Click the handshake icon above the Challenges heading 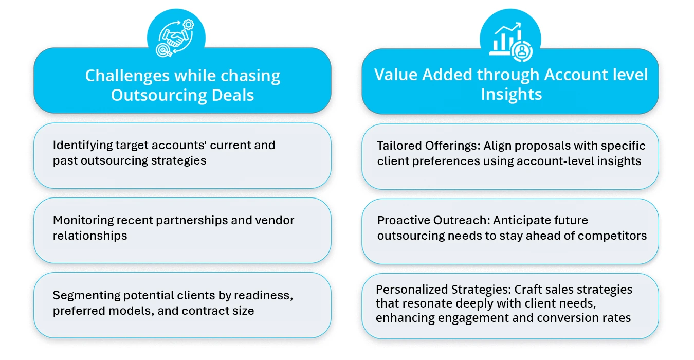point(175,36)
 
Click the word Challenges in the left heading point(127,76)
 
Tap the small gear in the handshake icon point(189,24)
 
